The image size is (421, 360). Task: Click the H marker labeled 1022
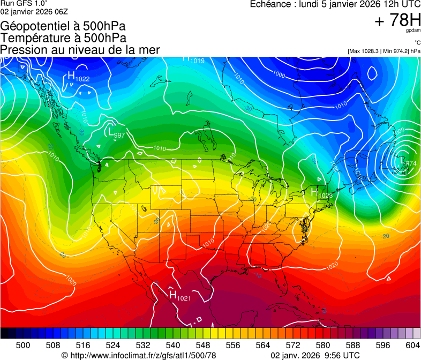point(71,76)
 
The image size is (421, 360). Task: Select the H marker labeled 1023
point(314,191)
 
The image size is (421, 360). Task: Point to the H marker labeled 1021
point(172,294)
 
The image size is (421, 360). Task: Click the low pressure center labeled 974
point(402,160)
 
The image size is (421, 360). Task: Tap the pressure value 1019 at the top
point(197,61)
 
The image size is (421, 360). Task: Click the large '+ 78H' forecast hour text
point(397,20)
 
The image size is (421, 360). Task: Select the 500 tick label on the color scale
point(23,345)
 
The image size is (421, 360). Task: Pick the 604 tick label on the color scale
point(412,345)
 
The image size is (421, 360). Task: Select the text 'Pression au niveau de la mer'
point(80,50)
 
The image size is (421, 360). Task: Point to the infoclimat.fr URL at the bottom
point(139,355)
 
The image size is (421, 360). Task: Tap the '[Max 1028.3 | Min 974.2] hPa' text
point(384,51)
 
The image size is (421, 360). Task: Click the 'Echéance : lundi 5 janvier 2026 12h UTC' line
point(335,4)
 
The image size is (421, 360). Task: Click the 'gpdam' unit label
point(413,31)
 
